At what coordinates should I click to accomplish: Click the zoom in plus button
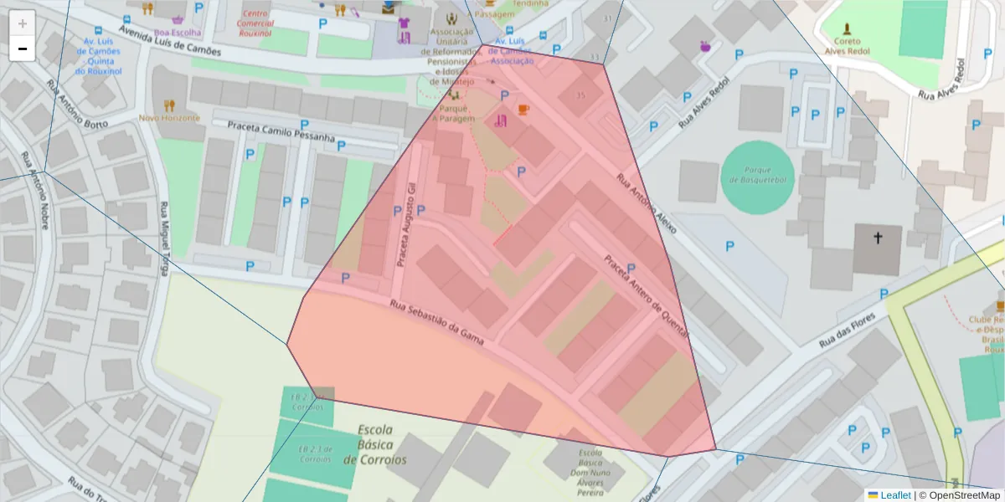pyautogui.click(x=23, y=23)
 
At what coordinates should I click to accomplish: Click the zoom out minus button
pyautogui.click(x=23, y=49)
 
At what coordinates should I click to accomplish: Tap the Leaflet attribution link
pyautogui.click(x=894, y=495)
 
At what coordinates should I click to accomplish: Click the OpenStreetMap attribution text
pyautogui.click(x=959, y=495)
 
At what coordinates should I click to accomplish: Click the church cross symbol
pyautogui.click(x=878, y=238)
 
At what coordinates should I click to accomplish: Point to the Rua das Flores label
pyautogui.click(x=847, y=331)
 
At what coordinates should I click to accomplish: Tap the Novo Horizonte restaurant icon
pyautogui.click(x=170, y=105)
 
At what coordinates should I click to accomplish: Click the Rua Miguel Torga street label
pyautogui.click(x=165, y=239)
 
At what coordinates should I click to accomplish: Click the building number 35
pyautogui.click(x=580, y=96)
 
